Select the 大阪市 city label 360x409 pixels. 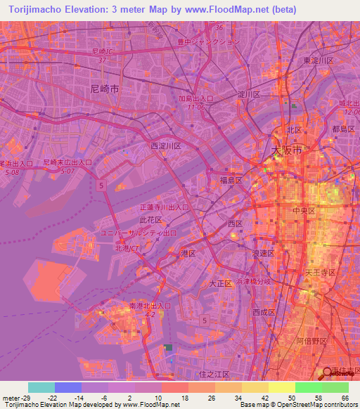click(286, 151)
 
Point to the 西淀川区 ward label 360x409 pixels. click(166, 146)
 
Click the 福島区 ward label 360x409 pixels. click(230, 181)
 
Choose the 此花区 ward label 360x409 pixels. click(150, 219)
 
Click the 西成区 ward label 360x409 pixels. click(266, 311)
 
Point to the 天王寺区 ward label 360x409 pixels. click(323, 271)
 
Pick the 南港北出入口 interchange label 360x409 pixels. click(150, 306)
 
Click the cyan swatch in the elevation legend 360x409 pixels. click(41, 387)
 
